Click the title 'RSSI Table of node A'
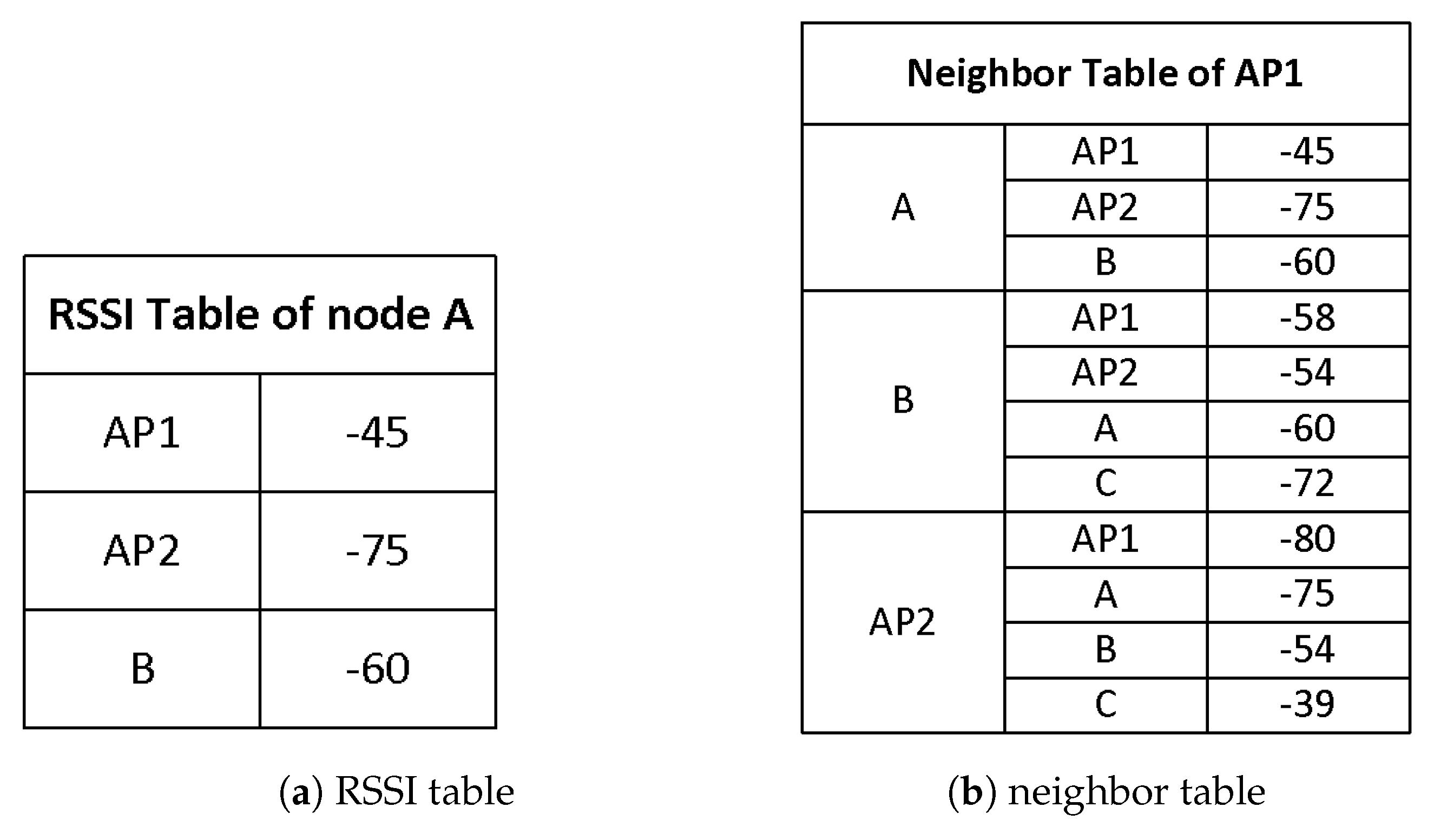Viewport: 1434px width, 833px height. click(260, 314)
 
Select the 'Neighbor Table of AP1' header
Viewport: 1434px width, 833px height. click(1104, 74)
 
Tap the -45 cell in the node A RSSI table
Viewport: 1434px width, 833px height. click(377, 432)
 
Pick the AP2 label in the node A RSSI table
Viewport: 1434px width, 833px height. click(142, 550)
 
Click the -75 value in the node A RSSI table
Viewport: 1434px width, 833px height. click(377, 550)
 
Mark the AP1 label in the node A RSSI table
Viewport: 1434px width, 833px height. click(142, 432)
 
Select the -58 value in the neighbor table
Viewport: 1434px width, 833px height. click(1307, 318)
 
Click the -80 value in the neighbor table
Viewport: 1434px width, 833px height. click(1307, 538)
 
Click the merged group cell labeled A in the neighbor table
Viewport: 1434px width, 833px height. click(903, 207)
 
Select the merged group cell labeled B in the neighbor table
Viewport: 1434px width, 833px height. click(903, 400)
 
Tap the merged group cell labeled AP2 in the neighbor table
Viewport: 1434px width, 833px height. click(903, 622)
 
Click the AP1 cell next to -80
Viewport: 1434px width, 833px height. click(1105, 538)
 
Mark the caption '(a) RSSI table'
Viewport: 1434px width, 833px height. click(397, 791)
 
